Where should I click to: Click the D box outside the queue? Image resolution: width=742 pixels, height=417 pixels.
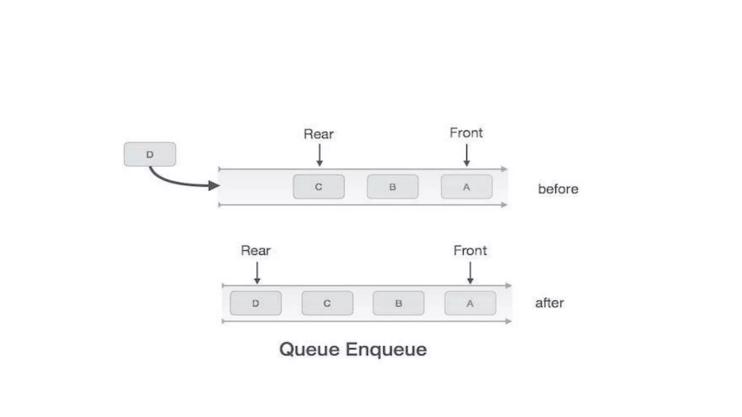coord(150,154)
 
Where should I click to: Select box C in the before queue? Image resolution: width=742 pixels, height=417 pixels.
coord(318,187)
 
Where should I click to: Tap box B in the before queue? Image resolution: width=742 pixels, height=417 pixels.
coord(392,187)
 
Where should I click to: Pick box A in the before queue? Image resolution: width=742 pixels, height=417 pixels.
coord(466,187)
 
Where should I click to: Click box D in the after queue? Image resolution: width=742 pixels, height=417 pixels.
coord(255,303)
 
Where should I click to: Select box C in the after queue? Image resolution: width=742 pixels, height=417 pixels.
coord(327,303)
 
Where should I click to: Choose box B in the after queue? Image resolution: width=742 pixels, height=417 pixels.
coord(398,303)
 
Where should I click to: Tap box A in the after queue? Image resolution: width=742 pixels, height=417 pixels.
coord(470,303)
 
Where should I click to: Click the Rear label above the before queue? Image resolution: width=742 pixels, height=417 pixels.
coord(318,134)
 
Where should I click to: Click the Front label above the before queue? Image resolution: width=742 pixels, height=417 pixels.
coord(466,132)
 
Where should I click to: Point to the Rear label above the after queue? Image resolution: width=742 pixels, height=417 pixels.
coord(255,250)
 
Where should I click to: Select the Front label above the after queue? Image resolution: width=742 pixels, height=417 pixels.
coord(470,250)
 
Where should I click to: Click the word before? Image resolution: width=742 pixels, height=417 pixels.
coord(558,189)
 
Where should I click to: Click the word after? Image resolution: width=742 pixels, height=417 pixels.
coord(549,303)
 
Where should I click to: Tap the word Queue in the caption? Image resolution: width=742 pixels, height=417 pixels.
coord(309,350)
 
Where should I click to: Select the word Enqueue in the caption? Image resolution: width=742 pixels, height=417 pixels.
coord(386,350)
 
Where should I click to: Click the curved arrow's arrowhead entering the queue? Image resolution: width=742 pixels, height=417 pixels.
coord(214,186)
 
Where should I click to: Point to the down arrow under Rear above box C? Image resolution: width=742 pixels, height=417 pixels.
coord(319,156)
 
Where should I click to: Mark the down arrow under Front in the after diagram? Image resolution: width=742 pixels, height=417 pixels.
coord(470,273)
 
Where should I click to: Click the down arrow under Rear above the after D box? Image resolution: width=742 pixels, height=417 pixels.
coord(257,273)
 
